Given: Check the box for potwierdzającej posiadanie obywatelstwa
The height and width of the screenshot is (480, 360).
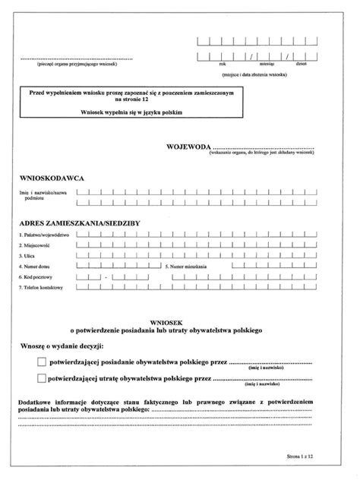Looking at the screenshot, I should pyautogui.click(x=41, y=363).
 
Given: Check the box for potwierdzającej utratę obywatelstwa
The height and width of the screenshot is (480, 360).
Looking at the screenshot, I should pyautogui.click(x=41, y=377).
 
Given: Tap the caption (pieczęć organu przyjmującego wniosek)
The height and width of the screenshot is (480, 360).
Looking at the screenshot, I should pyautogui.click(x=74, y=65).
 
